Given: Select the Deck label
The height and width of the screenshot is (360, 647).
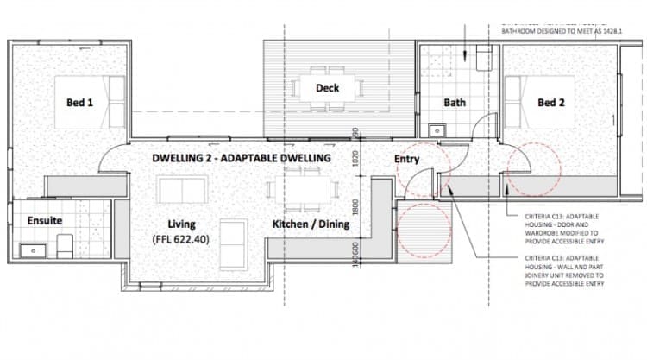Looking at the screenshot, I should coord(327,88).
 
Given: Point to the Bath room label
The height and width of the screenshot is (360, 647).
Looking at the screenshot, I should coord(455,102).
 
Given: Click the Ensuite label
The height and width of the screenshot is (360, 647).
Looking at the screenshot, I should coord(44,221).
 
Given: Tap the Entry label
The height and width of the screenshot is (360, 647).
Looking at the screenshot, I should coord(407,159).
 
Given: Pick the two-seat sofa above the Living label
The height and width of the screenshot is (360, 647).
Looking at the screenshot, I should coord(181,190).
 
